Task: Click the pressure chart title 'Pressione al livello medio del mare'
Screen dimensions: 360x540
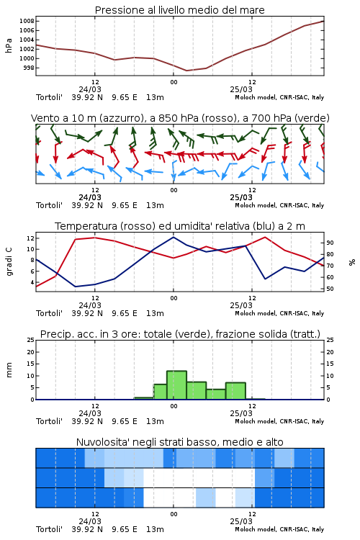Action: click(x=179, y=10)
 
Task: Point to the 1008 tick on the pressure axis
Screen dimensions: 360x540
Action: click(x=27, y=21)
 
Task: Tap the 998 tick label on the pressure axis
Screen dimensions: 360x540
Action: click(x=29, y=68)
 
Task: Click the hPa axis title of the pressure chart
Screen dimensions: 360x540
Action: click(x=9, y=45)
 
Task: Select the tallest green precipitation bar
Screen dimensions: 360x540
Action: click(x=176, y=385)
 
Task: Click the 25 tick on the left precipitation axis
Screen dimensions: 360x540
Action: click(x=31, y=340)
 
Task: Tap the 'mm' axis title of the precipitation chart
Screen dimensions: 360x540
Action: click(x=9, y=370)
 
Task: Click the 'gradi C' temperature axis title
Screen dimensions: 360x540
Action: click(x=9, y=262)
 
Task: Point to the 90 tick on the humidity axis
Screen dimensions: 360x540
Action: click(x=330, y=243)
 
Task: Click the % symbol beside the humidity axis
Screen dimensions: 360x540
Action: click(x=352, y=262)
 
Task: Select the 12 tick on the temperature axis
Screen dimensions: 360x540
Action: click(x=30, y=238)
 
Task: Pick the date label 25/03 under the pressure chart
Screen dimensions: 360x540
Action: click(x=241, y=89)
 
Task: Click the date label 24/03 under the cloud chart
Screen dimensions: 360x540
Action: click(x=90, y=521)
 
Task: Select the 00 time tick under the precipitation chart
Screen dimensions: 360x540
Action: click(x=174, y=406)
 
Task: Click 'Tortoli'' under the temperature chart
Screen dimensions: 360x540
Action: click(x=49, y=313)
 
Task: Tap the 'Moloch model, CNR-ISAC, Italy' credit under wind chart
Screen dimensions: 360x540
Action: click(x=279, y=205)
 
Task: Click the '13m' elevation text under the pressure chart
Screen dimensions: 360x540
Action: click(x=155, y=97)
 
